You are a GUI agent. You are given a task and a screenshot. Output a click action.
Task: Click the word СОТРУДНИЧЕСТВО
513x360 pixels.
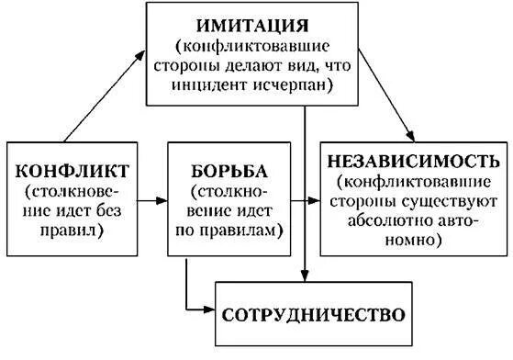(313, 313)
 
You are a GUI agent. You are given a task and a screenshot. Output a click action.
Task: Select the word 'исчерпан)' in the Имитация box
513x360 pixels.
(296, 84)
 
